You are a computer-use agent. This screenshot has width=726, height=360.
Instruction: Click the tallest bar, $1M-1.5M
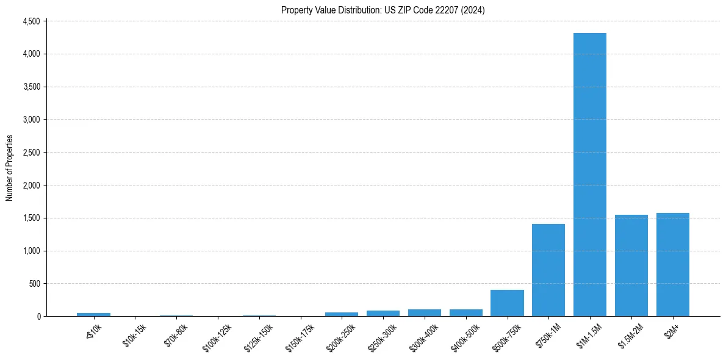590,175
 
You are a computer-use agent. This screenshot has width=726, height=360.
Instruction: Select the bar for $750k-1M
548,270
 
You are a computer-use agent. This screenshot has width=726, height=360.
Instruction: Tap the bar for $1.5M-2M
631,265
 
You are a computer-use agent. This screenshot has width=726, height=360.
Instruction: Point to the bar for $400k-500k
465,312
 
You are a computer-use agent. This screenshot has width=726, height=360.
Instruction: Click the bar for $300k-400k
425,312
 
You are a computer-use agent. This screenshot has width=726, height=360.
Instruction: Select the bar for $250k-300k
383,313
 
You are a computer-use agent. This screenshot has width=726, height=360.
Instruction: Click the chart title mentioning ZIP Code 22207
383,10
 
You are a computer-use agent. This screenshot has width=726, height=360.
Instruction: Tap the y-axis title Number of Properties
10,168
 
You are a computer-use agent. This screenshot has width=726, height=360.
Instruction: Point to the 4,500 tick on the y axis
31,21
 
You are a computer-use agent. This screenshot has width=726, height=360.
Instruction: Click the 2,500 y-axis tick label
31,153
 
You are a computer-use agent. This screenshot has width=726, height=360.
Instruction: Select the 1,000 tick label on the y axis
31,251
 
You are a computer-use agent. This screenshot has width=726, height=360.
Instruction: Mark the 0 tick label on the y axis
38,317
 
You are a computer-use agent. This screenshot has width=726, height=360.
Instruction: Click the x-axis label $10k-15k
135,336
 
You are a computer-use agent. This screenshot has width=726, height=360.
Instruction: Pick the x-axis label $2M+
672,331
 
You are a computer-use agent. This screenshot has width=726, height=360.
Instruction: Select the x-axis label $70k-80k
176,336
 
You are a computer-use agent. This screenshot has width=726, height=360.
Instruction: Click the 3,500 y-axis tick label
31,87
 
